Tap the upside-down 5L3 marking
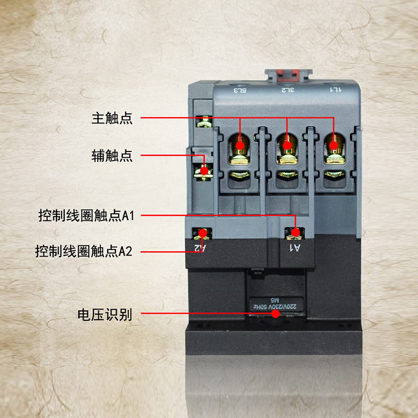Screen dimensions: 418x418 (239, 90)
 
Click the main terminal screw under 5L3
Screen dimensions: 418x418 (240, 145)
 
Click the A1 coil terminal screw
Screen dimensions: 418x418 (295, 233)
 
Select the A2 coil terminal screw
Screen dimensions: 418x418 (201, 233)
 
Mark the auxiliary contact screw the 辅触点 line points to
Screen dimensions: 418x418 (204, 170)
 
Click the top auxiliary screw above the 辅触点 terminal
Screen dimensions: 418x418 (204, 122)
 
